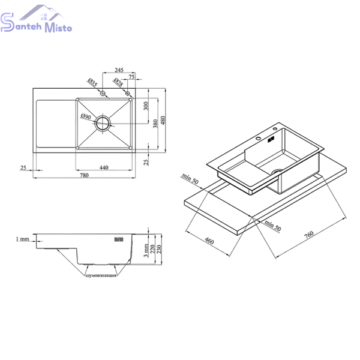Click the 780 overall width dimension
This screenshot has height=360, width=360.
click(x=84, y=175)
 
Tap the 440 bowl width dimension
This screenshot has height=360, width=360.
click(x=104, y=167)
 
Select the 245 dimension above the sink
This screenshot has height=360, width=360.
click(x=119, y=70)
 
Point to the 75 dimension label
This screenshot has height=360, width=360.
click(x=131, y=77)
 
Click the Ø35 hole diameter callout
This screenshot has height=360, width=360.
click(x=92, y=82)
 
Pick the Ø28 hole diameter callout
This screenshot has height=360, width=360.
click(x=118, y=82)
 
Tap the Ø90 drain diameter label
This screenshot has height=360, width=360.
click(x=86, y=116)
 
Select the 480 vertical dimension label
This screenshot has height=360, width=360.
click(x=163, y=121)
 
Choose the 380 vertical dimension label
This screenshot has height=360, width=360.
click(x=155, y=124)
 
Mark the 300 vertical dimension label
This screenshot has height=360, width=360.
click(x=146, y=106)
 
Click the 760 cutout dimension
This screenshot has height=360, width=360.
click(x=309, y=235)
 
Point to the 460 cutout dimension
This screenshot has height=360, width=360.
click(x=209, y=241)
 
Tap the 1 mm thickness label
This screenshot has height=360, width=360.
click(x=23, y=239)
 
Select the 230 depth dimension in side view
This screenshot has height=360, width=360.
click(x=159, y=250)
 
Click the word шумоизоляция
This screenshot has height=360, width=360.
click(x=101, y=275)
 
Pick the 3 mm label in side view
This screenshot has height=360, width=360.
click(x=146, y=251)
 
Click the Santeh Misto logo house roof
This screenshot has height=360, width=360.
click(x=41, y=12)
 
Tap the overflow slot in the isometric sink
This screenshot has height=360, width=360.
click(x=271, y=139)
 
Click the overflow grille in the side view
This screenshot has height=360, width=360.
click(x=119, y=239)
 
